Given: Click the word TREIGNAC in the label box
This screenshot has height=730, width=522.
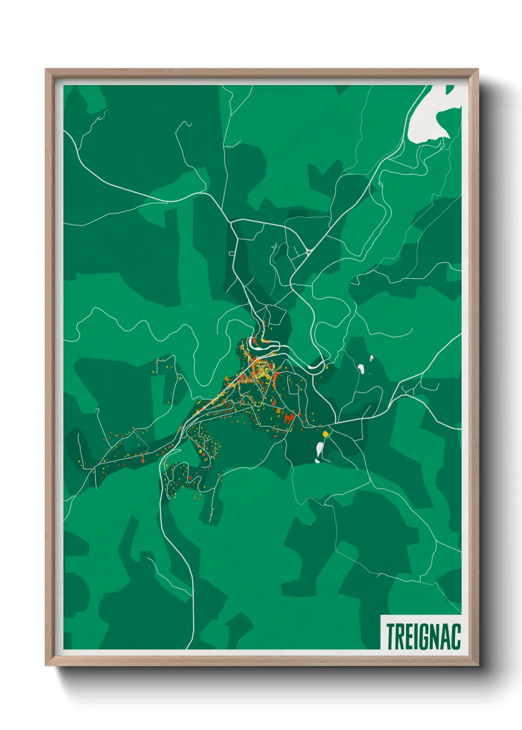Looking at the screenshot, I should coord(423,636).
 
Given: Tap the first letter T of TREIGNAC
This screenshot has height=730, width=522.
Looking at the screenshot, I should coord(390,636).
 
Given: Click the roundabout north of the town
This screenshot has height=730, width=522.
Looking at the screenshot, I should coord(308,252).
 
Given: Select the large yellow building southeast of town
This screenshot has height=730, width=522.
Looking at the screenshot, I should coord(325,434).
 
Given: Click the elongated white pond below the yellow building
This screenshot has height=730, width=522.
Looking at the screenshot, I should coord(320,448).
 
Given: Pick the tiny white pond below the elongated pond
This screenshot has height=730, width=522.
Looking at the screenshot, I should coord(317,461).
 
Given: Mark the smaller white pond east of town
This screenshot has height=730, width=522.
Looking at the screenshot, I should coord(371,358).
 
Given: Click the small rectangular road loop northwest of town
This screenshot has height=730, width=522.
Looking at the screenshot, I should coord(231,254).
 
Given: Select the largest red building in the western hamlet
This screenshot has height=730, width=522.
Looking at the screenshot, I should coord(143,460).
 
